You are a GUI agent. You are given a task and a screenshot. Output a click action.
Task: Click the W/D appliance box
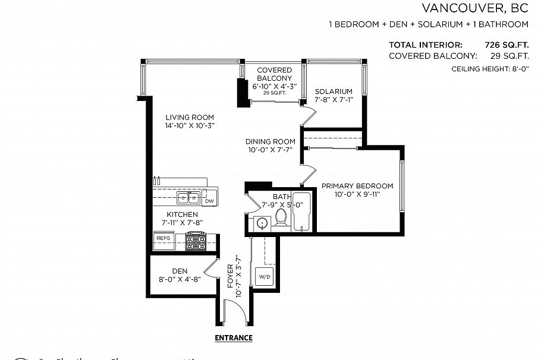263,277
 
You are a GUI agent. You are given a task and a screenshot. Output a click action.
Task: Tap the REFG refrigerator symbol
163,238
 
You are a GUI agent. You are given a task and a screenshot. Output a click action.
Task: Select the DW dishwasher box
209,200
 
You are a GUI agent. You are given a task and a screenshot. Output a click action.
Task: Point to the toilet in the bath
281,221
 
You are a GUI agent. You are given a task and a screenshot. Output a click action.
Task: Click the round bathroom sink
261,223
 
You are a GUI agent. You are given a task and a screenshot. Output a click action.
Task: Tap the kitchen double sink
188,198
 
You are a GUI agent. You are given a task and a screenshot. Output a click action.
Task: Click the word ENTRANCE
233,338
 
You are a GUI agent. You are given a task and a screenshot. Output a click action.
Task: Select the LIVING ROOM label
190,117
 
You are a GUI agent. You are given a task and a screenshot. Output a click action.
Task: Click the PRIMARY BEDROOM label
357,186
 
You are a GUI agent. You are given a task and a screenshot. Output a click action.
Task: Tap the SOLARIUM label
334,91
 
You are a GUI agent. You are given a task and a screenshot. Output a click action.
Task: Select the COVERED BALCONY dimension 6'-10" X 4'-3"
275,86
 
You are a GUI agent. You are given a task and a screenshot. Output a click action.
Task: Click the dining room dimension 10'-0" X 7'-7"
270,150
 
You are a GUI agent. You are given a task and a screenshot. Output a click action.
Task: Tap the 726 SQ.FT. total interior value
507,45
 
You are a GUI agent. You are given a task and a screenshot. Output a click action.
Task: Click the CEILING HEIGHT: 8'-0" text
490,69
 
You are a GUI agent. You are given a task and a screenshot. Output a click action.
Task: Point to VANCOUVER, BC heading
474,8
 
